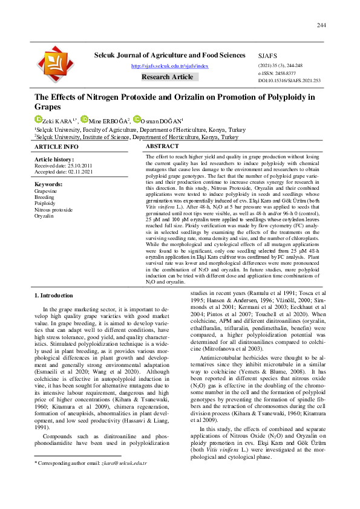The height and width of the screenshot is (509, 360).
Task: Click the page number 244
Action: pyautogui.click(x=321, y=25)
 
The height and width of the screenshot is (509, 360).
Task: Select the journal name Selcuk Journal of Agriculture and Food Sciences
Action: pyautogui.click(x=170, y=55)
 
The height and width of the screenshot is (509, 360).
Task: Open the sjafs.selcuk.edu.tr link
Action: pyautogui.click(x=170, y=66)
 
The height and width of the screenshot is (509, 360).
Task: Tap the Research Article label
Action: pyautogui.click(x=168, y=77)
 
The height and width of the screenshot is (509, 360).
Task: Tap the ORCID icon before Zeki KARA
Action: pyautogui.click(x=38, y=119)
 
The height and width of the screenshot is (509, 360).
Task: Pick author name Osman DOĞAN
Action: pyautogui.click(x=162, y=121)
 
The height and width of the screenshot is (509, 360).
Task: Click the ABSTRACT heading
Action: pyautogui.click(x=163, y=147)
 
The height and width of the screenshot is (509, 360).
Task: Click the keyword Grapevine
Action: pyautogui.click(x=46, y=190)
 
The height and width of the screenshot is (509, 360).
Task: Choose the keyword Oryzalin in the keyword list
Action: pyautogui.click(x=44, y=216)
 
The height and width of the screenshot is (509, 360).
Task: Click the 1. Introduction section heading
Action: pyautogui.click(x=54, y=296)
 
